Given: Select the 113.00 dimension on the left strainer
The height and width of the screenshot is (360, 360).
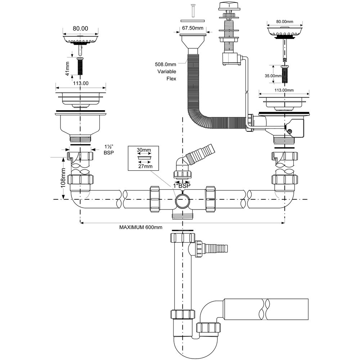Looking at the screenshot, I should point(81,83).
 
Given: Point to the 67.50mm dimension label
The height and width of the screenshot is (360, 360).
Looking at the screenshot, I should point(193,28).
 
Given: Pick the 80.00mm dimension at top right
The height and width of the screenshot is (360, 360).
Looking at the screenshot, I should point(284,22).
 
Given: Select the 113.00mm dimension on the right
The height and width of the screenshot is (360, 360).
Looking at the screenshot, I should point(284,90).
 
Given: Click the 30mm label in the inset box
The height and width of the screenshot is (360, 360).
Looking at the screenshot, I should point(144,150).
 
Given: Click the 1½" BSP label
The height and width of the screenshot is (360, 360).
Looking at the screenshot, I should point(108,150).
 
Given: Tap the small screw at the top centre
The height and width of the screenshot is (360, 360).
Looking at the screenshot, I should point(193,9).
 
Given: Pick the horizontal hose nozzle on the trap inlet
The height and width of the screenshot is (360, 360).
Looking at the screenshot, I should point(216,247).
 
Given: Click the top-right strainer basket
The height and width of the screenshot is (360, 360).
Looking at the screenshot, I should point(284,31).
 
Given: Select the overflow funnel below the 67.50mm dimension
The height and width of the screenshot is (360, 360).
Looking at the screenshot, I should point(193,41).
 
